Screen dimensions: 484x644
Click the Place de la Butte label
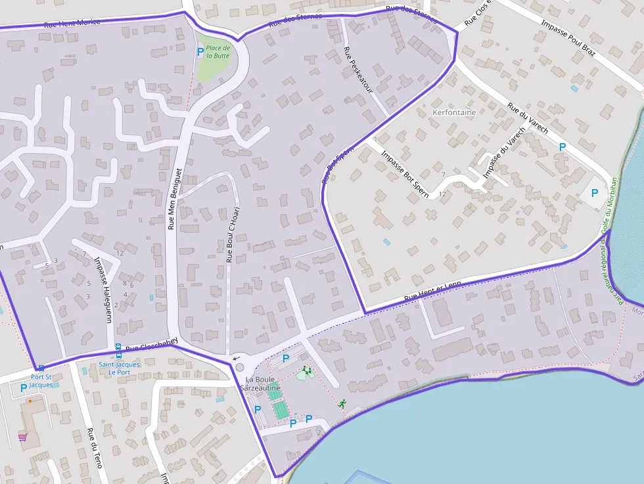[218, 52]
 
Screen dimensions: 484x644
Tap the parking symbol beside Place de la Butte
[200, 51]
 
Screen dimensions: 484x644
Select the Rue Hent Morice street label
[72, 22]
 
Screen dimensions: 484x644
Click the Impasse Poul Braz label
[568, 37]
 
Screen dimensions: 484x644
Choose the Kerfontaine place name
[454, 112]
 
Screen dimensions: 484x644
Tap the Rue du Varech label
[528, 118]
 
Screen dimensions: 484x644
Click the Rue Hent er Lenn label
[432, 291]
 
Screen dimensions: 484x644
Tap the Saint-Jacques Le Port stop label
[119, 368]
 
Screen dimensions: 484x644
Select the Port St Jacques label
[41, 381]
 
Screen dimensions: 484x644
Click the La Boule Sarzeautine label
[263, 384]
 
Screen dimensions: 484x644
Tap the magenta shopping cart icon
[22, 437]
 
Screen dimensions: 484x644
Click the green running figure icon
[342, 404]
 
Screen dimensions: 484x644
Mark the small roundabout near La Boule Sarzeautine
[240, 368]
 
